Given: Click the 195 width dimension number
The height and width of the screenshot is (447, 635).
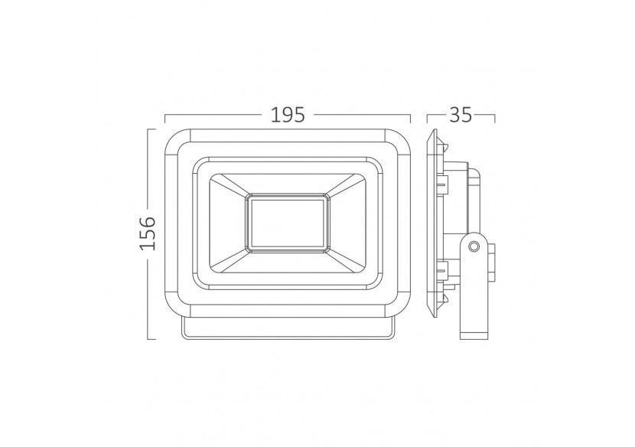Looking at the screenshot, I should (x=288, y=115).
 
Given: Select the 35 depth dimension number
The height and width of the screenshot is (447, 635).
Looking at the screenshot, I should (x=460, y=115).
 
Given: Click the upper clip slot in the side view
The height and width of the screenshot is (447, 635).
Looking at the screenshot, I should (x=442, y=182).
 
